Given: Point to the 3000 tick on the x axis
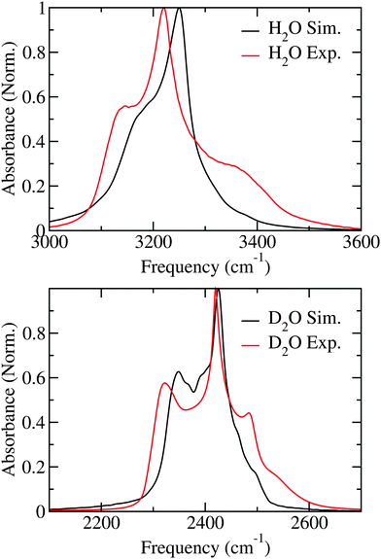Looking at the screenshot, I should [50, 242].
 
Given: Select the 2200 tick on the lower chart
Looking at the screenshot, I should [101, 524].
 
